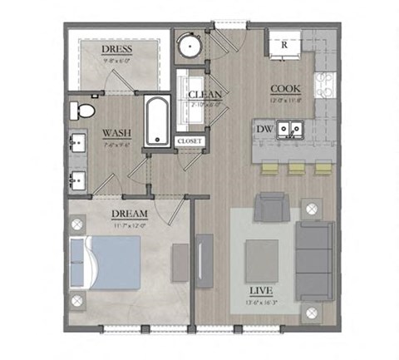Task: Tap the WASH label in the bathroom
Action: [113, 133]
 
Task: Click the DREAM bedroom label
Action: [128, 214]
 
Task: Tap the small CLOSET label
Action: [189, 141]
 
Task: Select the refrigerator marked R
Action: [284, 43]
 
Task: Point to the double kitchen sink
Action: [290, 129]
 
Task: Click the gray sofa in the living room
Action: [314, 259]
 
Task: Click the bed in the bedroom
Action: [108, 261]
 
